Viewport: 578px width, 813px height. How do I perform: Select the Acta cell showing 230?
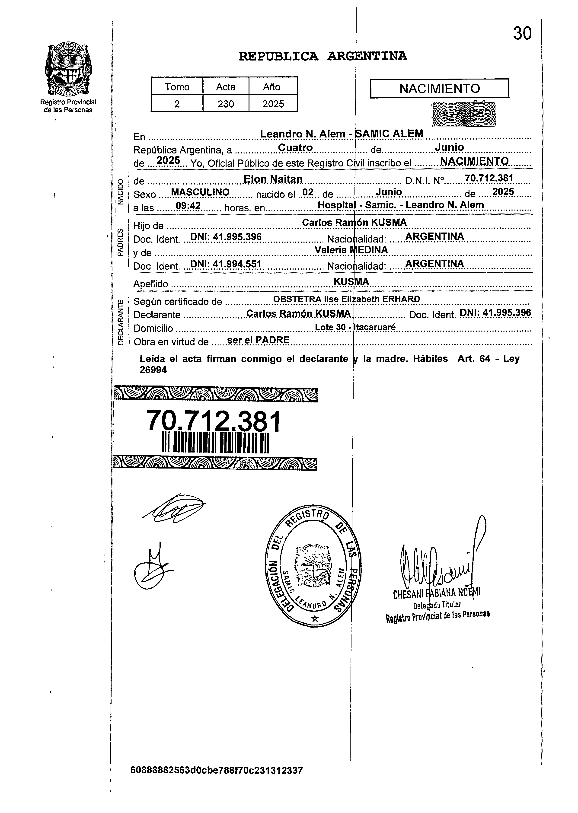pyautogui.click(x=226, y=104)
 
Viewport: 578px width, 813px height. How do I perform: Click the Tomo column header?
pyautogui.click(x=177, y=87)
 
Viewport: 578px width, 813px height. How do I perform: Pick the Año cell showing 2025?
pyautogui.click(x=273, y=104)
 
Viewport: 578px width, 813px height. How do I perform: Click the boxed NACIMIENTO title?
pyautogui.click(x=440, y=88)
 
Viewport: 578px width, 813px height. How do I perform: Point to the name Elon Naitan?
pyautogui.click(x=273, y=179)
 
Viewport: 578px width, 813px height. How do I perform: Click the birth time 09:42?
pyautogui.click(x=188, y=206)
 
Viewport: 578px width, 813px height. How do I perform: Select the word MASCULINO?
pyautogui.click(x=200, y=192)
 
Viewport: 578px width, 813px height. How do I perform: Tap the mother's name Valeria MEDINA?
pyautogui.click(x=351, y=250)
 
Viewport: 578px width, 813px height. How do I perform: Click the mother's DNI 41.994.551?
pyautogui.click(x=226, y=264)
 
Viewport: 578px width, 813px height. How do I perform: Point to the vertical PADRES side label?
pyautogui.click(x=120, y=242)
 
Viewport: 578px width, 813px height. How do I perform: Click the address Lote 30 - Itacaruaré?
pyautogui.click(x=355, y=327)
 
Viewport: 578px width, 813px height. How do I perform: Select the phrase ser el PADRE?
pyautogui.click(x=258, y=340)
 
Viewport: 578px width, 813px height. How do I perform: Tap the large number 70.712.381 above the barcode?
pyautogui.click(x=214, y=421)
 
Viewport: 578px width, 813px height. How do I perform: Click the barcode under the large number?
pyautogui.click(x=215, y=443)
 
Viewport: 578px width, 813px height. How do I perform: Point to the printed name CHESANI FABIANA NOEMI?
pyautogui.click(x=437, y=593)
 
